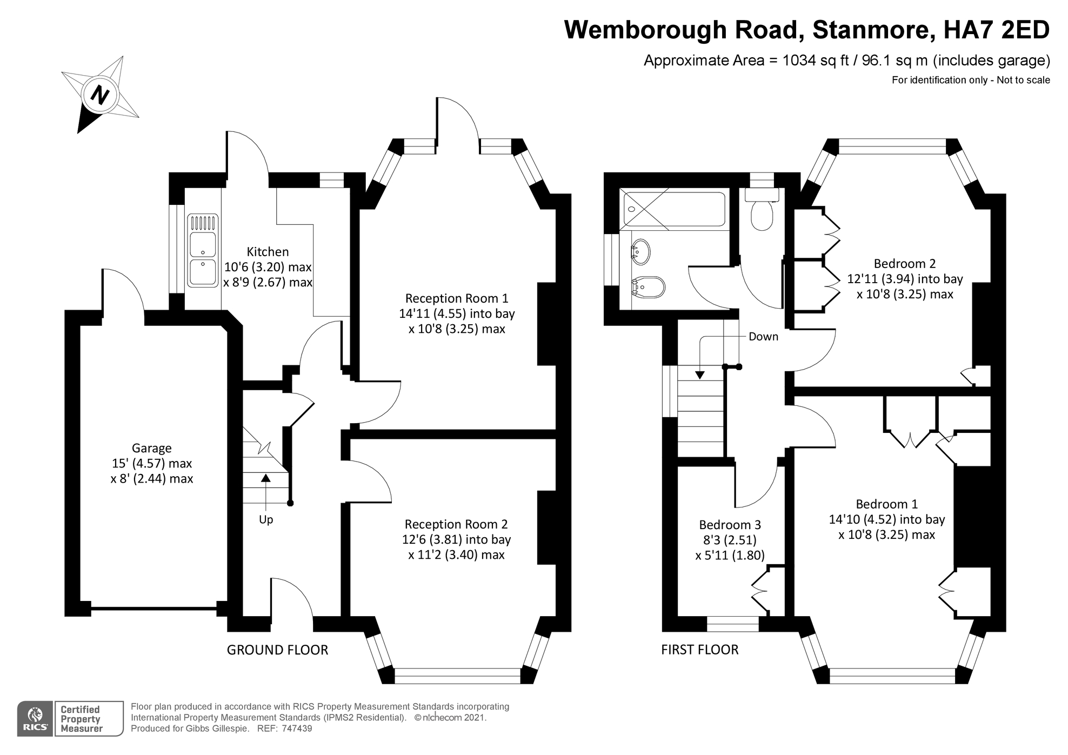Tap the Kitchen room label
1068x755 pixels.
pos(268,252)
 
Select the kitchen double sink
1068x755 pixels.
pos(203,250)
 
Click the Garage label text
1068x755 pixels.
pos(151,448)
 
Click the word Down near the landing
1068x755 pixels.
pos(763,337)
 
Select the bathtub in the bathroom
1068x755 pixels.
pos(673,209)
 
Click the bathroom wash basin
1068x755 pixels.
pos(640,252)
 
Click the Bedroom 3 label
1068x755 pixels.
pos(730,525)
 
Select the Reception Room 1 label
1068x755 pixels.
pos(457,298)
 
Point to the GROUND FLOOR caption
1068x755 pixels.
pos(277,650)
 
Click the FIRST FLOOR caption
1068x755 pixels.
pos(699,650)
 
